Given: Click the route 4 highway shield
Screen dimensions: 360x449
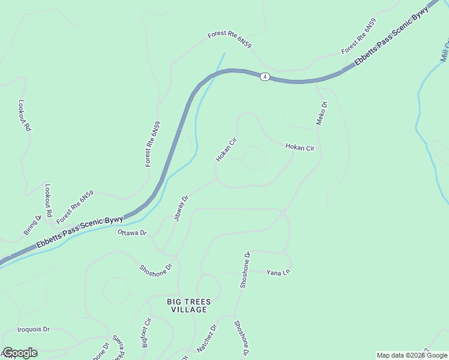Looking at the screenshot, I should [265, 77].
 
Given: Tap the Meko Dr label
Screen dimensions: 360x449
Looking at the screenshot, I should [322, 113].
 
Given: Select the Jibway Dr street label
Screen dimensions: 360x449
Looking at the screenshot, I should [181, 208].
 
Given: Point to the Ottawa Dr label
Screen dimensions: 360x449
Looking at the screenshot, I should [132, 232].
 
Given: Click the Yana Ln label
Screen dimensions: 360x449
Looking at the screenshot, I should [278, 272].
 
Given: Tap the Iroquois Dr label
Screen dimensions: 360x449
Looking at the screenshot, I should [33, 329].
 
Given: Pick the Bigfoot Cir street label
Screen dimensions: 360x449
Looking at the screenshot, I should [146, 334].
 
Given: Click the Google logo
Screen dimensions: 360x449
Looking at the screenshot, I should [19, 353].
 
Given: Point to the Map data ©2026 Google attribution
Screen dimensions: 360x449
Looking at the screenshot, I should [411, 355].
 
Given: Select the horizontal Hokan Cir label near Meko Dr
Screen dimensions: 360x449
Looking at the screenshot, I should [300, 146].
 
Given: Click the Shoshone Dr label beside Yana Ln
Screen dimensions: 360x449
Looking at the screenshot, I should [245, 271].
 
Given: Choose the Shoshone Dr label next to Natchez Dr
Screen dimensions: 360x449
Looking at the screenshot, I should [241, 338].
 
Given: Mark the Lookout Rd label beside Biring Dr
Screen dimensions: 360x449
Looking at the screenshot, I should [48, 200].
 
